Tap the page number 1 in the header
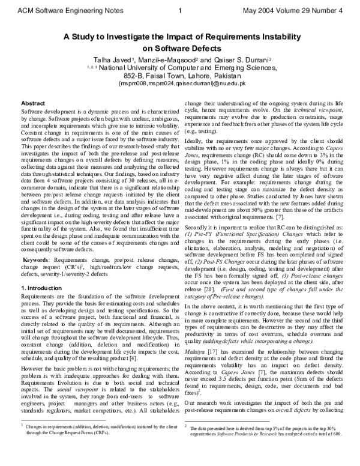[x=181, y=10]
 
